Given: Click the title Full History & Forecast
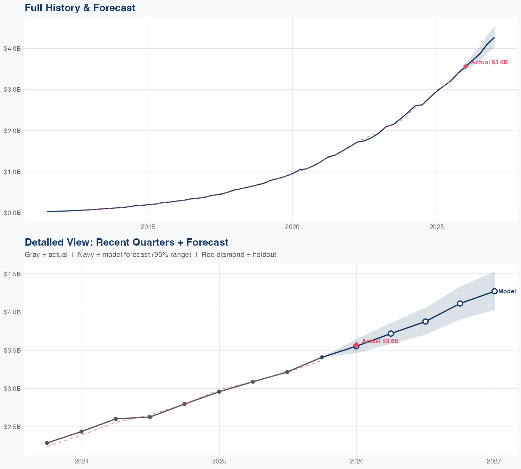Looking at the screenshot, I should (80, 8).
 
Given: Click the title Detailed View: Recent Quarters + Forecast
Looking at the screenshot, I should (126, 242).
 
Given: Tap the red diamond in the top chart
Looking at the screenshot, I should (465, 66).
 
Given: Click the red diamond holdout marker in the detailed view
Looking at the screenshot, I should (356, 345).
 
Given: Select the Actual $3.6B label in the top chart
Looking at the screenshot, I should (489, 63).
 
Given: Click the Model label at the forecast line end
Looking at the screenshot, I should (507, 291).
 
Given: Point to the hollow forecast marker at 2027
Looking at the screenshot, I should (494, 291).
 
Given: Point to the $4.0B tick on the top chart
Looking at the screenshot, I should (12, 49).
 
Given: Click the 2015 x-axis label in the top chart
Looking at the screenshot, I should (148, 227).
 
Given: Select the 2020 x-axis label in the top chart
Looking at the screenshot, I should (292, 227).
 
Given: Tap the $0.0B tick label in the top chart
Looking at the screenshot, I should (12, 213).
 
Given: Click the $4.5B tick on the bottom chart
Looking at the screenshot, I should (12, 274).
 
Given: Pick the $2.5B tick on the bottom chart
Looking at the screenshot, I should (12, 427).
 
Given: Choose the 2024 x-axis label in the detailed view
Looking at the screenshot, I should (82, 461).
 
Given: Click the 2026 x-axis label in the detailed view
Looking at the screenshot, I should (356, 461).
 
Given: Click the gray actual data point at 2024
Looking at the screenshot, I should (82, 431).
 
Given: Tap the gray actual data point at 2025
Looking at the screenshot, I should (219, 392).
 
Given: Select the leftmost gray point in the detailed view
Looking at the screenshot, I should (47, 443).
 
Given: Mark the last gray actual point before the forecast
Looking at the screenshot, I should (322, 357).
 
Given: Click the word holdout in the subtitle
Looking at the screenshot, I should (264, 255).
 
